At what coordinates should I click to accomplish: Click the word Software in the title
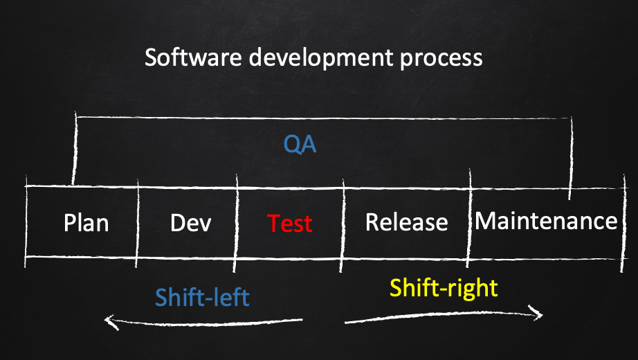[193, 57]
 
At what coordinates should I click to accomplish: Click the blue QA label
[300, 144]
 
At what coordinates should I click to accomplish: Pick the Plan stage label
[86, 223]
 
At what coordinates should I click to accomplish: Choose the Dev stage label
[190, 223]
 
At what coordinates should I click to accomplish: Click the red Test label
[290, 223]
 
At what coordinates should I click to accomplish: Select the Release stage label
[406, 222]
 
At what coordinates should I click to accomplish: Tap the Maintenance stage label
[546, 221]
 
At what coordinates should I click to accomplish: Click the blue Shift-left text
[202, 297]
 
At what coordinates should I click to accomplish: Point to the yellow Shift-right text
[444, 288]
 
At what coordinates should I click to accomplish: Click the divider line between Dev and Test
[236, 223]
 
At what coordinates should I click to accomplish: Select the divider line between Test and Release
[343, 225]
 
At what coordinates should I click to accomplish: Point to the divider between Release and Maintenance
[469, 218]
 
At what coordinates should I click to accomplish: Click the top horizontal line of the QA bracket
[324, 118]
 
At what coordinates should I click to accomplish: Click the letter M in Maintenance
[484, 221]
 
